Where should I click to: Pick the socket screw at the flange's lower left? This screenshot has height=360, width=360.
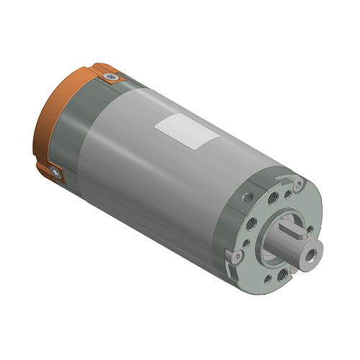(237, 257)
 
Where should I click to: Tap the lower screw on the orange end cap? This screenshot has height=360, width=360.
(55, 172)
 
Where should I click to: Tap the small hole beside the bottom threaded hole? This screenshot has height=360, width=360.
(268, 279)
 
